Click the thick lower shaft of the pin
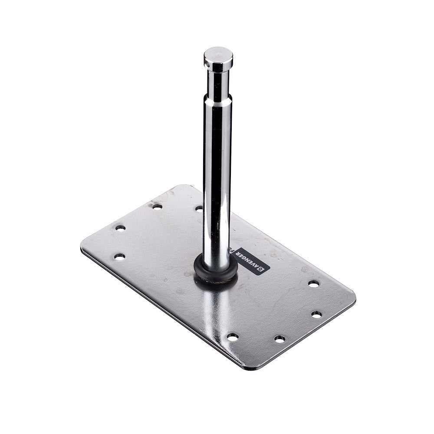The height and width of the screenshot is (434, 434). [217, 182]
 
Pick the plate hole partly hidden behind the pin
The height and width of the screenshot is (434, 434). [199, 208]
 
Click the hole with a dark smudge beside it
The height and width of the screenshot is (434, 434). [157, 207]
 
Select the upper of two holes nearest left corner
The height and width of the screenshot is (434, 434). [120, 227]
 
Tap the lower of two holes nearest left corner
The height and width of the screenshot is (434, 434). [119, 256]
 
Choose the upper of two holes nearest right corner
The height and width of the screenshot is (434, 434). [313, 283]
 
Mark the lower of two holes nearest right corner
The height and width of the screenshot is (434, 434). [316, 314]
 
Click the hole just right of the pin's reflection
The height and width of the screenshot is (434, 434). [233, 337]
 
